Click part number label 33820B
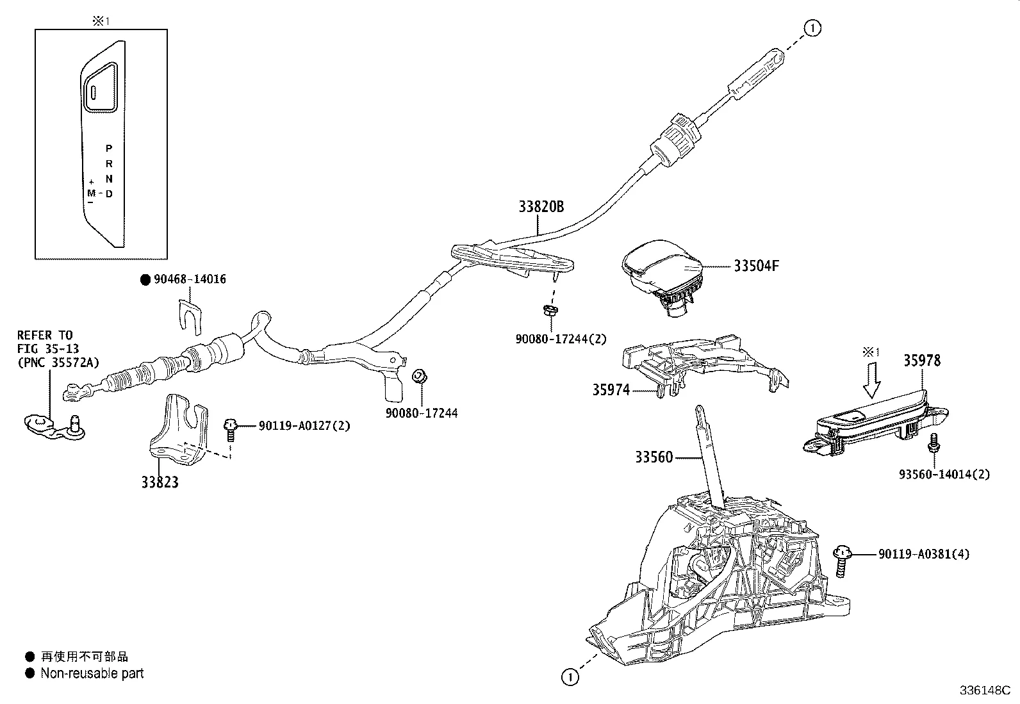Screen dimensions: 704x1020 [541, 207]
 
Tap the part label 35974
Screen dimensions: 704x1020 [611, 389]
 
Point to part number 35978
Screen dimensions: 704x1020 [922, 361]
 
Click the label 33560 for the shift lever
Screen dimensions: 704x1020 [654, 457]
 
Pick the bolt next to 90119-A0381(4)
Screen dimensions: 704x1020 [842, 562]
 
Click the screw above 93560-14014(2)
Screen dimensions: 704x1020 [934, 443]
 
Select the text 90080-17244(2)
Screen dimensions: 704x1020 [561, 339]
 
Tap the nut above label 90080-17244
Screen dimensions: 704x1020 [420, 377]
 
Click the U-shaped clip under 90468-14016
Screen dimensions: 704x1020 [190, 315]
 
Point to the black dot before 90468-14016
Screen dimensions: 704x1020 [145, 280]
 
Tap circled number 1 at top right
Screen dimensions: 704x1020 [812, 28]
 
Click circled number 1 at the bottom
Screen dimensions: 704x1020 [570, 676]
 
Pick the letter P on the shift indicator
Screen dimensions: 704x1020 [109, 148]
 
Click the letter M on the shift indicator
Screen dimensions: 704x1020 [92, 192]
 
